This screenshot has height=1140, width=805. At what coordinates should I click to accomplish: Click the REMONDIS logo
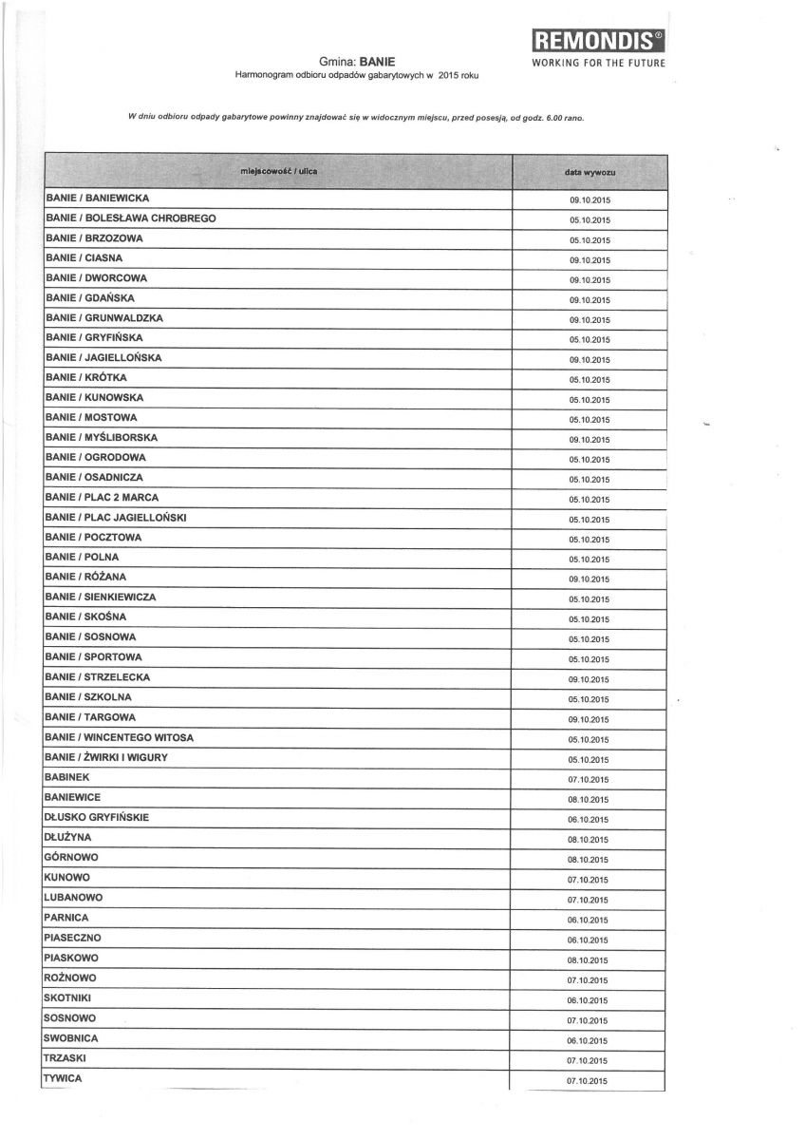[598, 40]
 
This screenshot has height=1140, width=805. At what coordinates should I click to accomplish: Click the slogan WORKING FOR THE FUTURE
[598, 63]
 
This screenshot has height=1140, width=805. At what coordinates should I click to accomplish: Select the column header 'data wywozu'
[590, 172]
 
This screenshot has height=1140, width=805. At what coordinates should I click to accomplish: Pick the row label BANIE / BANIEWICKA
[98, 199]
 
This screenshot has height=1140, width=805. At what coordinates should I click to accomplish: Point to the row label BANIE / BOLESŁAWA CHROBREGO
[130, 218]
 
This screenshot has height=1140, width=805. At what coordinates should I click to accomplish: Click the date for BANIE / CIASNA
[590, 259]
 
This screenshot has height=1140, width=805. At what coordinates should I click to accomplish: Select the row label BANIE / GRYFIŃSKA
[94, 338]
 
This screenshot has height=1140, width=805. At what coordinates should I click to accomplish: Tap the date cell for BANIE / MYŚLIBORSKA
[590, 440]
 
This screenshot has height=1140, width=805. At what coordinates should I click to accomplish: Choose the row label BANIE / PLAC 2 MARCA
[102, 498]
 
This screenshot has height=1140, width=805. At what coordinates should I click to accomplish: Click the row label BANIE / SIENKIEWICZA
[100, 598]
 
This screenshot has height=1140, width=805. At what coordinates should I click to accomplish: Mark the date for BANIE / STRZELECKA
[590, 679]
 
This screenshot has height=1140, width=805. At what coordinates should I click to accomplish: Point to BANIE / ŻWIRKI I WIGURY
[105, 757]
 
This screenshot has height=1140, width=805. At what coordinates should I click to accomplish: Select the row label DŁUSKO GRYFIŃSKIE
[96, 817]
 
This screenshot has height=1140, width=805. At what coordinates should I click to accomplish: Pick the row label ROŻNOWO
[69, 978]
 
